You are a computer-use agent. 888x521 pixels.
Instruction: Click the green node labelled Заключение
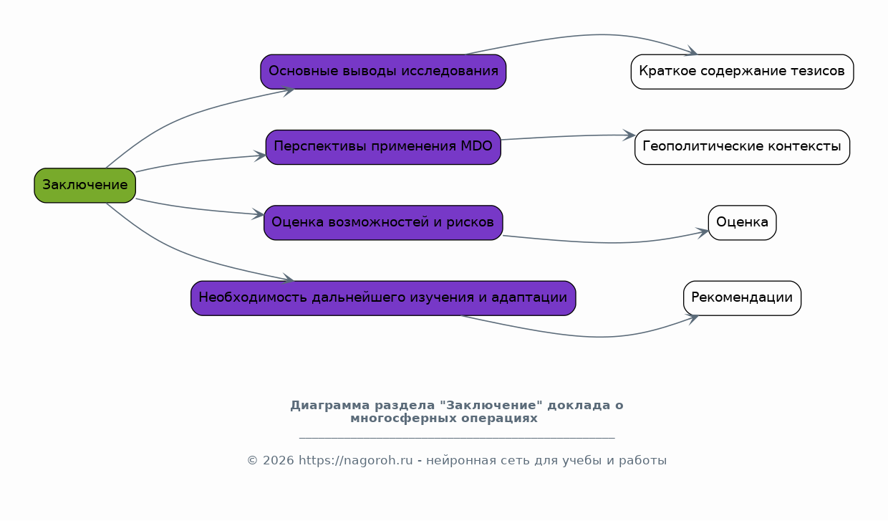(x=85, y=186)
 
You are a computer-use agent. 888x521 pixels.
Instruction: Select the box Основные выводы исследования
(x=383, y=72)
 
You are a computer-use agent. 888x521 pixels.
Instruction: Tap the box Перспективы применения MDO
(x=383, y=147)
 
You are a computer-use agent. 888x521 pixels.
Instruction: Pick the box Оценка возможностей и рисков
(x=383, y=222)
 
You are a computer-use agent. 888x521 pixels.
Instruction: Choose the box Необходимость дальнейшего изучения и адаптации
(x=383, y=298)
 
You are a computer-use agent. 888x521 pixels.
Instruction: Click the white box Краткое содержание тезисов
(x=742, y=72)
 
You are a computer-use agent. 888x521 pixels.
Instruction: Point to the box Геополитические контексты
(x=742, y=147)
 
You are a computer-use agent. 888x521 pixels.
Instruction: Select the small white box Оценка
(x=742, y=222)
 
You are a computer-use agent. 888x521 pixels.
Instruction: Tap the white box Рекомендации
(x=742, y=298)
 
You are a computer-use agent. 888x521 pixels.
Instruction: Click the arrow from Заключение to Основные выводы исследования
(x=186, y=115)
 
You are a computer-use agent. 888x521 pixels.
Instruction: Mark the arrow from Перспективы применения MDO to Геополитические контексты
(x=566, y=136)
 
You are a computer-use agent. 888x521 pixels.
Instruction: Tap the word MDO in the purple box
(x=476, y=147)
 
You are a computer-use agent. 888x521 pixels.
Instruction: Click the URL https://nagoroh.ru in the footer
(x=355, y=461)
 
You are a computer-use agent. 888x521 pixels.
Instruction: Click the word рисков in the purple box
(x=473, y=222)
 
